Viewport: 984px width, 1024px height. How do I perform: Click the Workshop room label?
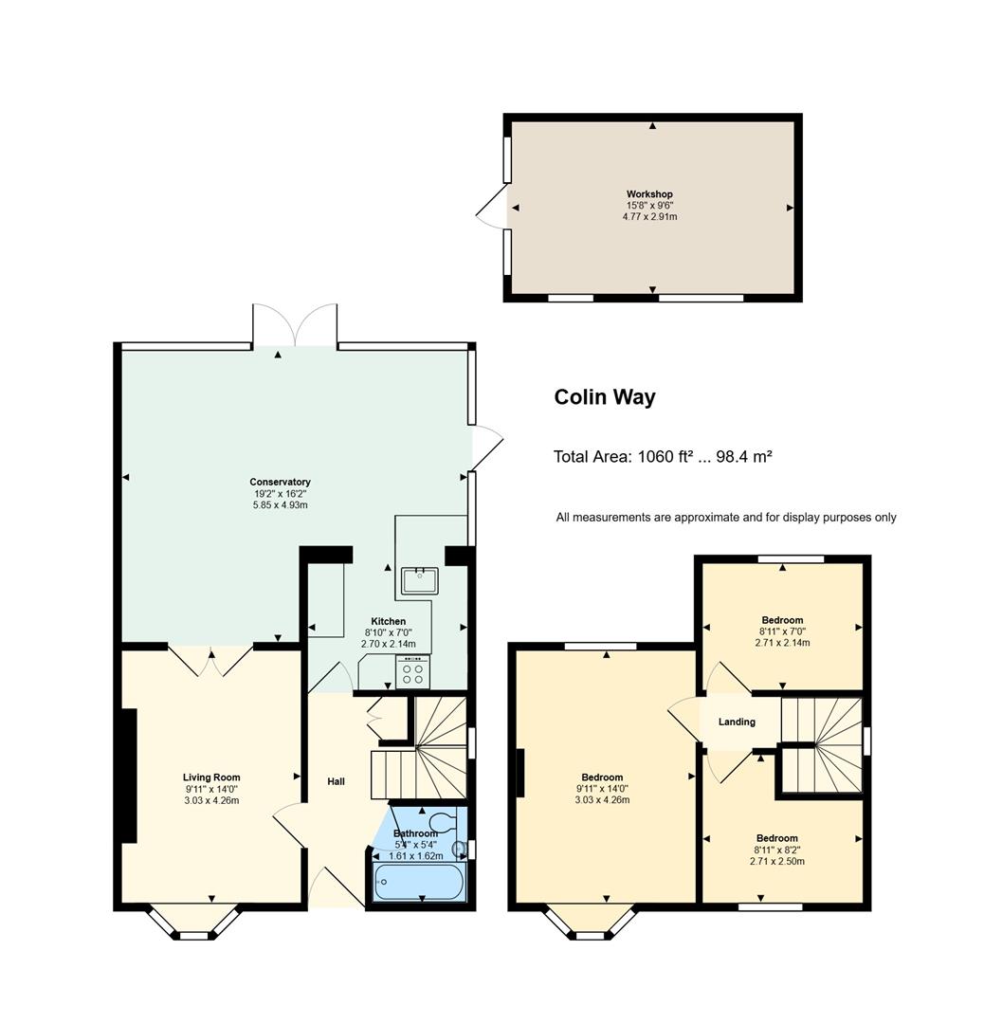coord(649,194)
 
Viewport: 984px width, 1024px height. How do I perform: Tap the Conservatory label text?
coord(280,482)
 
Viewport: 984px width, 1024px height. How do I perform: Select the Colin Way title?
coord(605,397)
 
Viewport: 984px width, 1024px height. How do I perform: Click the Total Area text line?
coord(663,456)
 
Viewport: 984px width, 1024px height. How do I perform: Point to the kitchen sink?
coord(419,580)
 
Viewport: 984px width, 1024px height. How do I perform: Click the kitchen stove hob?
coord(412,672)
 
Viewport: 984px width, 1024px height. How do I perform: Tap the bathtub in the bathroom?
coord(419,883)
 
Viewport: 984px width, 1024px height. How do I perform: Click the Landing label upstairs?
coord(737,722)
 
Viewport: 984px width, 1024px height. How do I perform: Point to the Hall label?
coord(336,781)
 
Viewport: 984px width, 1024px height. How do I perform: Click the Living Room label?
coord(211,777)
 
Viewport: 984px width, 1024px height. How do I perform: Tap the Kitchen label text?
coord(389,621)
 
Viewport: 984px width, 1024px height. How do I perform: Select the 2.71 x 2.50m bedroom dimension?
coord(777,861)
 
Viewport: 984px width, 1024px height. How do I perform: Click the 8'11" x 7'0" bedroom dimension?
coord(782,631)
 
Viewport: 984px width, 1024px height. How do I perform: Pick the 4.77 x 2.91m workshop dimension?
coord(649,216)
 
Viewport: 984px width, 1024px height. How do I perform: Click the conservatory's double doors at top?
coord(295,324)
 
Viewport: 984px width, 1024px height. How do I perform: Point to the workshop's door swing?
coord(492,206)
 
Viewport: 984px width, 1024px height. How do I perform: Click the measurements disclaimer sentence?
coord(726,518)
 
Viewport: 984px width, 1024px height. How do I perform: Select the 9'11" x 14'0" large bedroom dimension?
coord(602,788)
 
